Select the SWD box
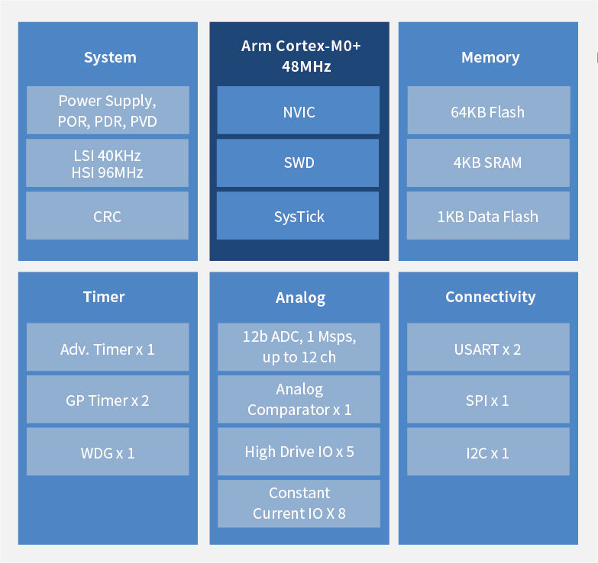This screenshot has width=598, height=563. click(298, 162)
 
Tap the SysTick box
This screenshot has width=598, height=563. click(298, 216)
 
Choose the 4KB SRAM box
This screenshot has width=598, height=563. click(488, 162)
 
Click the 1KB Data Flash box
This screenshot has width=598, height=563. click(488, 216)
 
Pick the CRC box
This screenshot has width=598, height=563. click(108, 216)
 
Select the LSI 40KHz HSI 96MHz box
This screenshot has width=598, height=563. click(108, 163)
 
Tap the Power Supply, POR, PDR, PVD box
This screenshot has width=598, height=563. click(108, 111)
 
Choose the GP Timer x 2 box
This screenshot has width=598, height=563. click(108, 400)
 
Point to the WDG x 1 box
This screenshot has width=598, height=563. click(108, 452)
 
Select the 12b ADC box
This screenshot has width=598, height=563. click(299, 346)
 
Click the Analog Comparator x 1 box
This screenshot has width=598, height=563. click(299, 399)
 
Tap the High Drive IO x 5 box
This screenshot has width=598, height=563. click(299, 452)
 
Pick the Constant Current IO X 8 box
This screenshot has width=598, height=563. click(299, 503)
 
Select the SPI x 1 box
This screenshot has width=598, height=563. click(488, 400)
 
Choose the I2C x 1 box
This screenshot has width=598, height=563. click(488, 452)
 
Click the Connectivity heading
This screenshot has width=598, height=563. click(490, 297)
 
